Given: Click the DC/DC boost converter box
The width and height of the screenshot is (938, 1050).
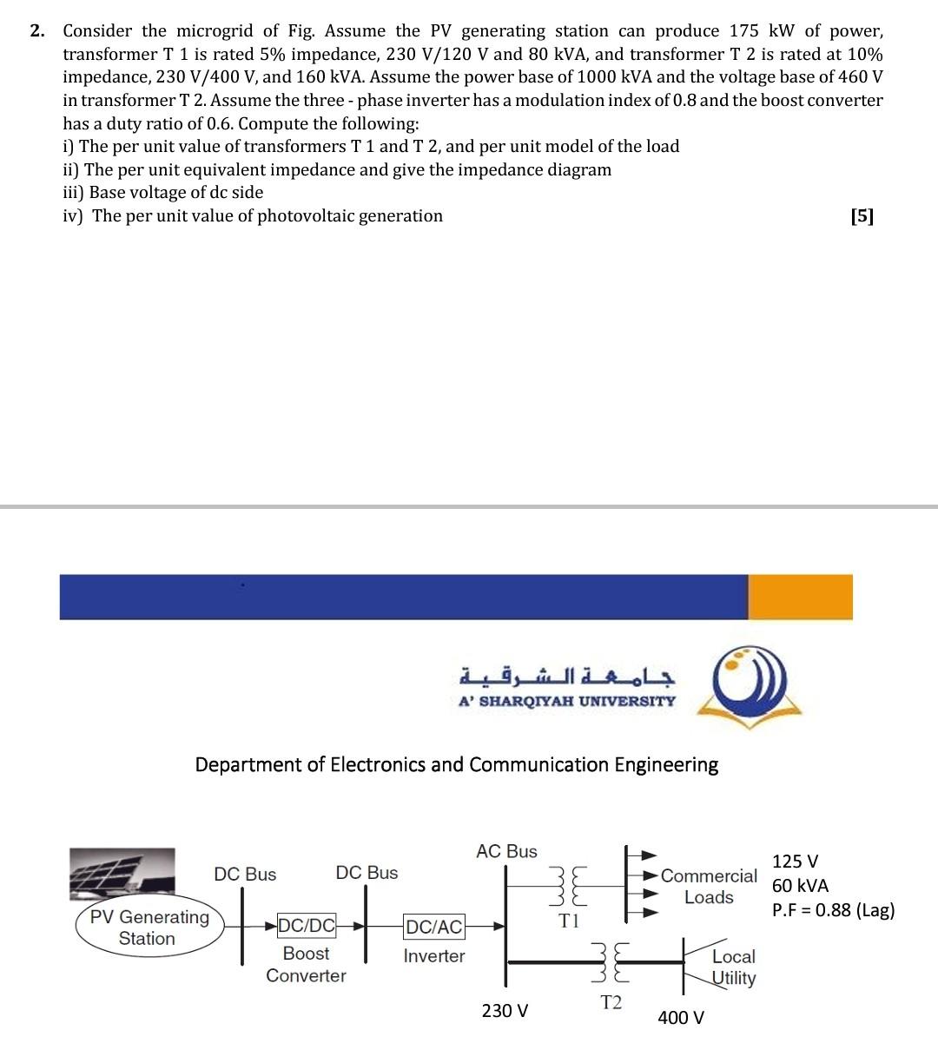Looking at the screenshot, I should pos(306,926).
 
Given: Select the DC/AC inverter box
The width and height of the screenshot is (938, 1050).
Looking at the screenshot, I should pos(434,927).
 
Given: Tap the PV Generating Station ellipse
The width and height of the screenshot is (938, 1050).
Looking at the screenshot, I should pos(149,928).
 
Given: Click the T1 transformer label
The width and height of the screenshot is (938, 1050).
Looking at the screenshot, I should pos(569,921).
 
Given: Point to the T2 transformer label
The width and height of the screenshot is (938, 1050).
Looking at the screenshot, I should pos(611,1002).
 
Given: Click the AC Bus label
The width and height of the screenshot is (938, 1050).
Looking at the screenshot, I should pos(506,851).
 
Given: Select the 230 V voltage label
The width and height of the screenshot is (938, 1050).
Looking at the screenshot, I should pos(505,1011).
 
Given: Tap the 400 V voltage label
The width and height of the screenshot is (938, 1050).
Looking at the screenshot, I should pos(681,1017).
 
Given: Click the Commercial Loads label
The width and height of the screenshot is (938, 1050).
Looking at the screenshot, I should pos(709,886).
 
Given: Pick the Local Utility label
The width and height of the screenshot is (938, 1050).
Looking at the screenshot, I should pos(734,967).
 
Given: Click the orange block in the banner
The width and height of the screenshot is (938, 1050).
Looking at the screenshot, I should pos(800,597).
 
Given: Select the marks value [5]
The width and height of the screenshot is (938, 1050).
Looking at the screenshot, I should pos(862,216).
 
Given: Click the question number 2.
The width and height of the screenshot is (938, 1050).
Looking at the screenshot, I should pos(36,31).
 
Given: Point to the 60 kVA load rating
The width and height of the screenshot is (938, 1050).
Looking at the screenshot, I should pos(800,886).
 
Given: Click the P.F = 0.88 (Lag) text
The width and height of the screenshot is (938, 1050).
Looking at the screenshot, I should pos(833,910).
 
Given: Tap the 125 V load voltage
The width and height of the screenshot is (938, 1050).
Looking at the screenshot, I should pos(795,862).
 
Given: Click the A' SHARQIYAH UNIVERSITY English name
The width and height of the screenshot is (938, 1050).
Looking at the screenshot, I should pos(566,701).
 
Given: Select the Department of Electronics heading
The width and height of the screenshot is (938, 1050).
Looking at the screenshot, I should pos(456,764).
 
